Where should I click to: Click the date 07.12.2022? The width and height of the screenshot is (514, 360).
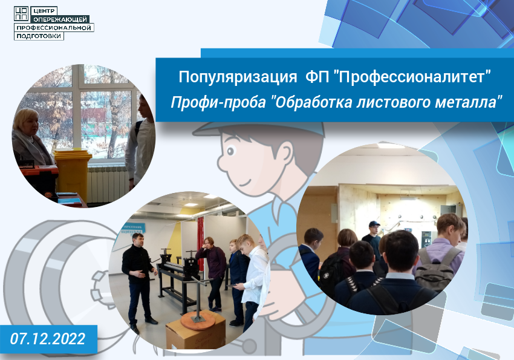pyautogui.click(x=48, y=339)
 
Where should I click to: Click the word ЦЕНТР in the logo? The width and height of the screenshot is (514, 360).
pyautogui.click(x=44, y=11)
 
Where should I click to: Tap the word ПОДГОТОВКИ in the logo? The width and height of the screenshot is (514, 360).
pyautogui.click(x=39, y=36)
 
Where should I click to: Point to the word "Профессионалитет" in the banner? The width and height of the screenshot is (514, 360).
pyautogui.click(x=412, y=77)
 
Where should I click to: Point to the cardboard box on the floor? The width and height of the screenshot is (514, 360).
pyautogui.click(x=196, y=332)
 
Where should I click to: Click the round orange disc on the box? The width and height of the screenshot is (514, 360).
pyautogui.click(x=198, y=318)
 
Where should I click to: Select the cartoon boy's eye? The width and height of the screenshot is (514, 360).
pyautogui.click(x=231, y=151)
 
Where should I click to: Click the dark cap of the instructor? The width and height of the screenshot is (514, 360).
pyautogui.click(x=374, y=224)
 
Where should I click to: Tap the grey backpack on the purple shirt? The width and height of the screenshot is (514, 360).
pyautogui.click(x=437, y=269)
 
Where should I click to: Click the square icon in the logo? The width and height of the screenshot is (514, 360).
pyautogui.click(x=21, y=14)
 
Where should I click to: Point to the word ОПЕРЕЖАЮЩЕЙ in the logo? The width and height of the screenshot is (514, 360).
pyautogui.click(x=60, y=20)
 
